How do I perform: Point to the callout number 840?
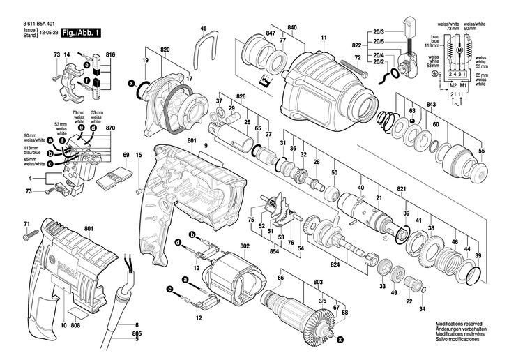click(x=291, y=27)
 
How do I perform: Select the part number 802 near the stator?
click(x=245, y=246)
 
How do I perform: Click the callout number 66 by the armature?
click(x=280, y=278)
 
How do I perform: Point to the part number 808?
click(x=76, y=326)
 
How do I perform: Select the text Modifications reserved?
click(x=458, y=324)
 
